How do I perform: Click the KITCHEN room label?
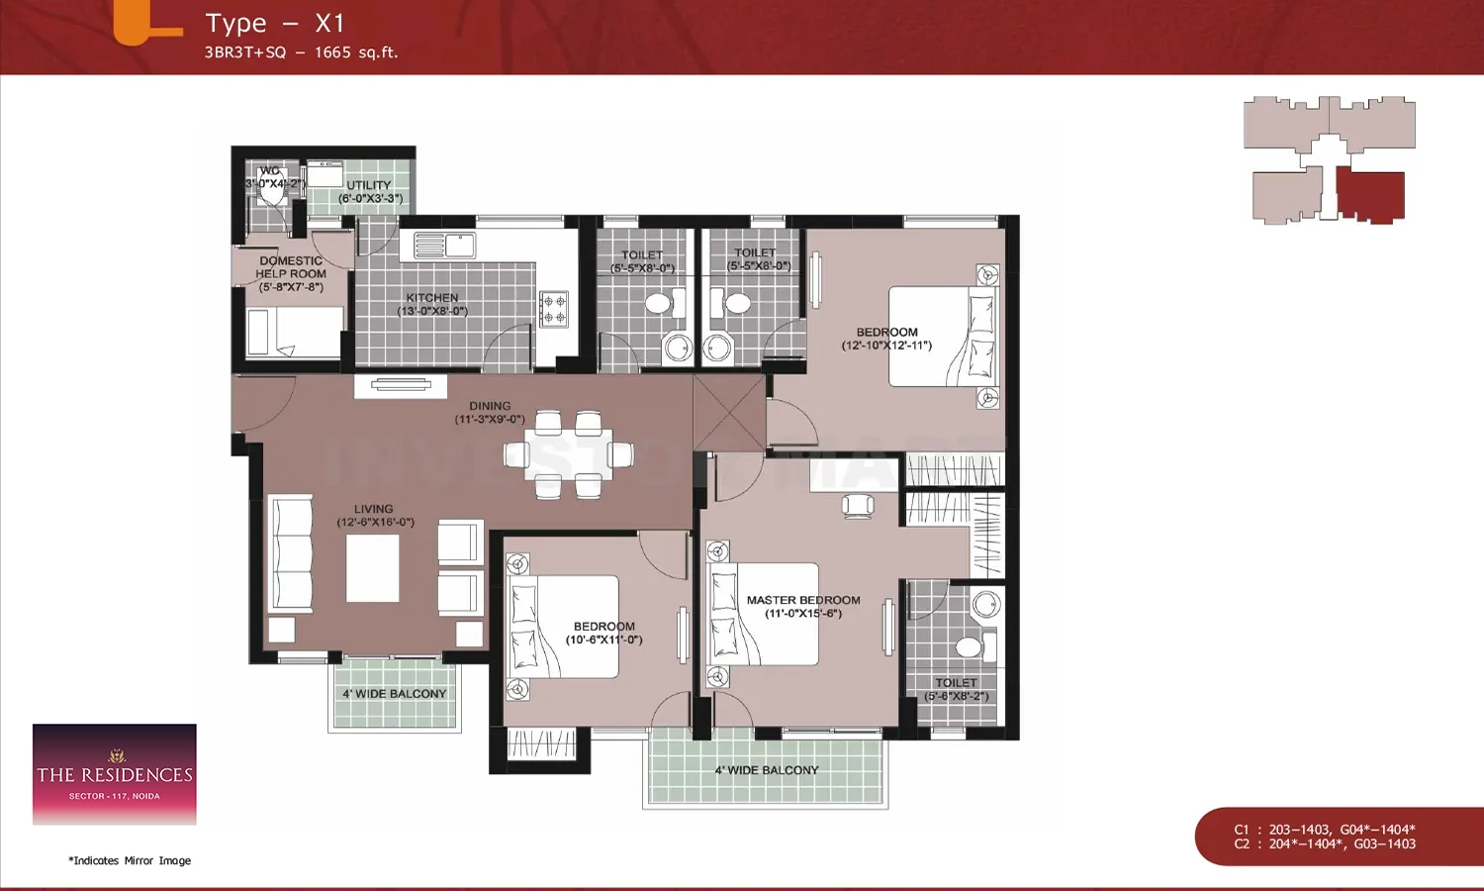432,298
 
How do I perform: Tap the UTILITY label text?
369,186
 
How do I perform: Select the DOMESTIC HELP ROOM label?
291,267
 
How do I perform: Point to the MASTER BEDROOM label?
803,600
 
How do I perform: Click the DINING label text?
490,406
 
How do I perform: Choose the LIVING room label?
374,509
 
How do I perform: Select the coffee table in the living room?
373,568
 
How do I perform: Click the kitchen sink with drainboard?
444,245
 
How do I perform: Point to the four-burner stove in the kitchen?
554,309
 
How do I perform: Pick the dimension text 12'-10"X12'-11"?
886,346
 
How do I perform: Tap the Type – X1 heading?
275,24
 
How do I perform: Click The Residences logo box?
115,774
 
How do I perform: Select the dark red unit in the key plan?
1370,194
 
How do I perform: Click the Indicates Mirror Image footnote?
130,860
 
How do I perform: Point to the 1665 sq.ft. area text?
356,52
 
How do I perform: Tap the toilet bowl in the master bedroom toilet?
969,647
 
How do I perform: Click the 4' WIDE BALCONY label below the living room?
395,694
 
